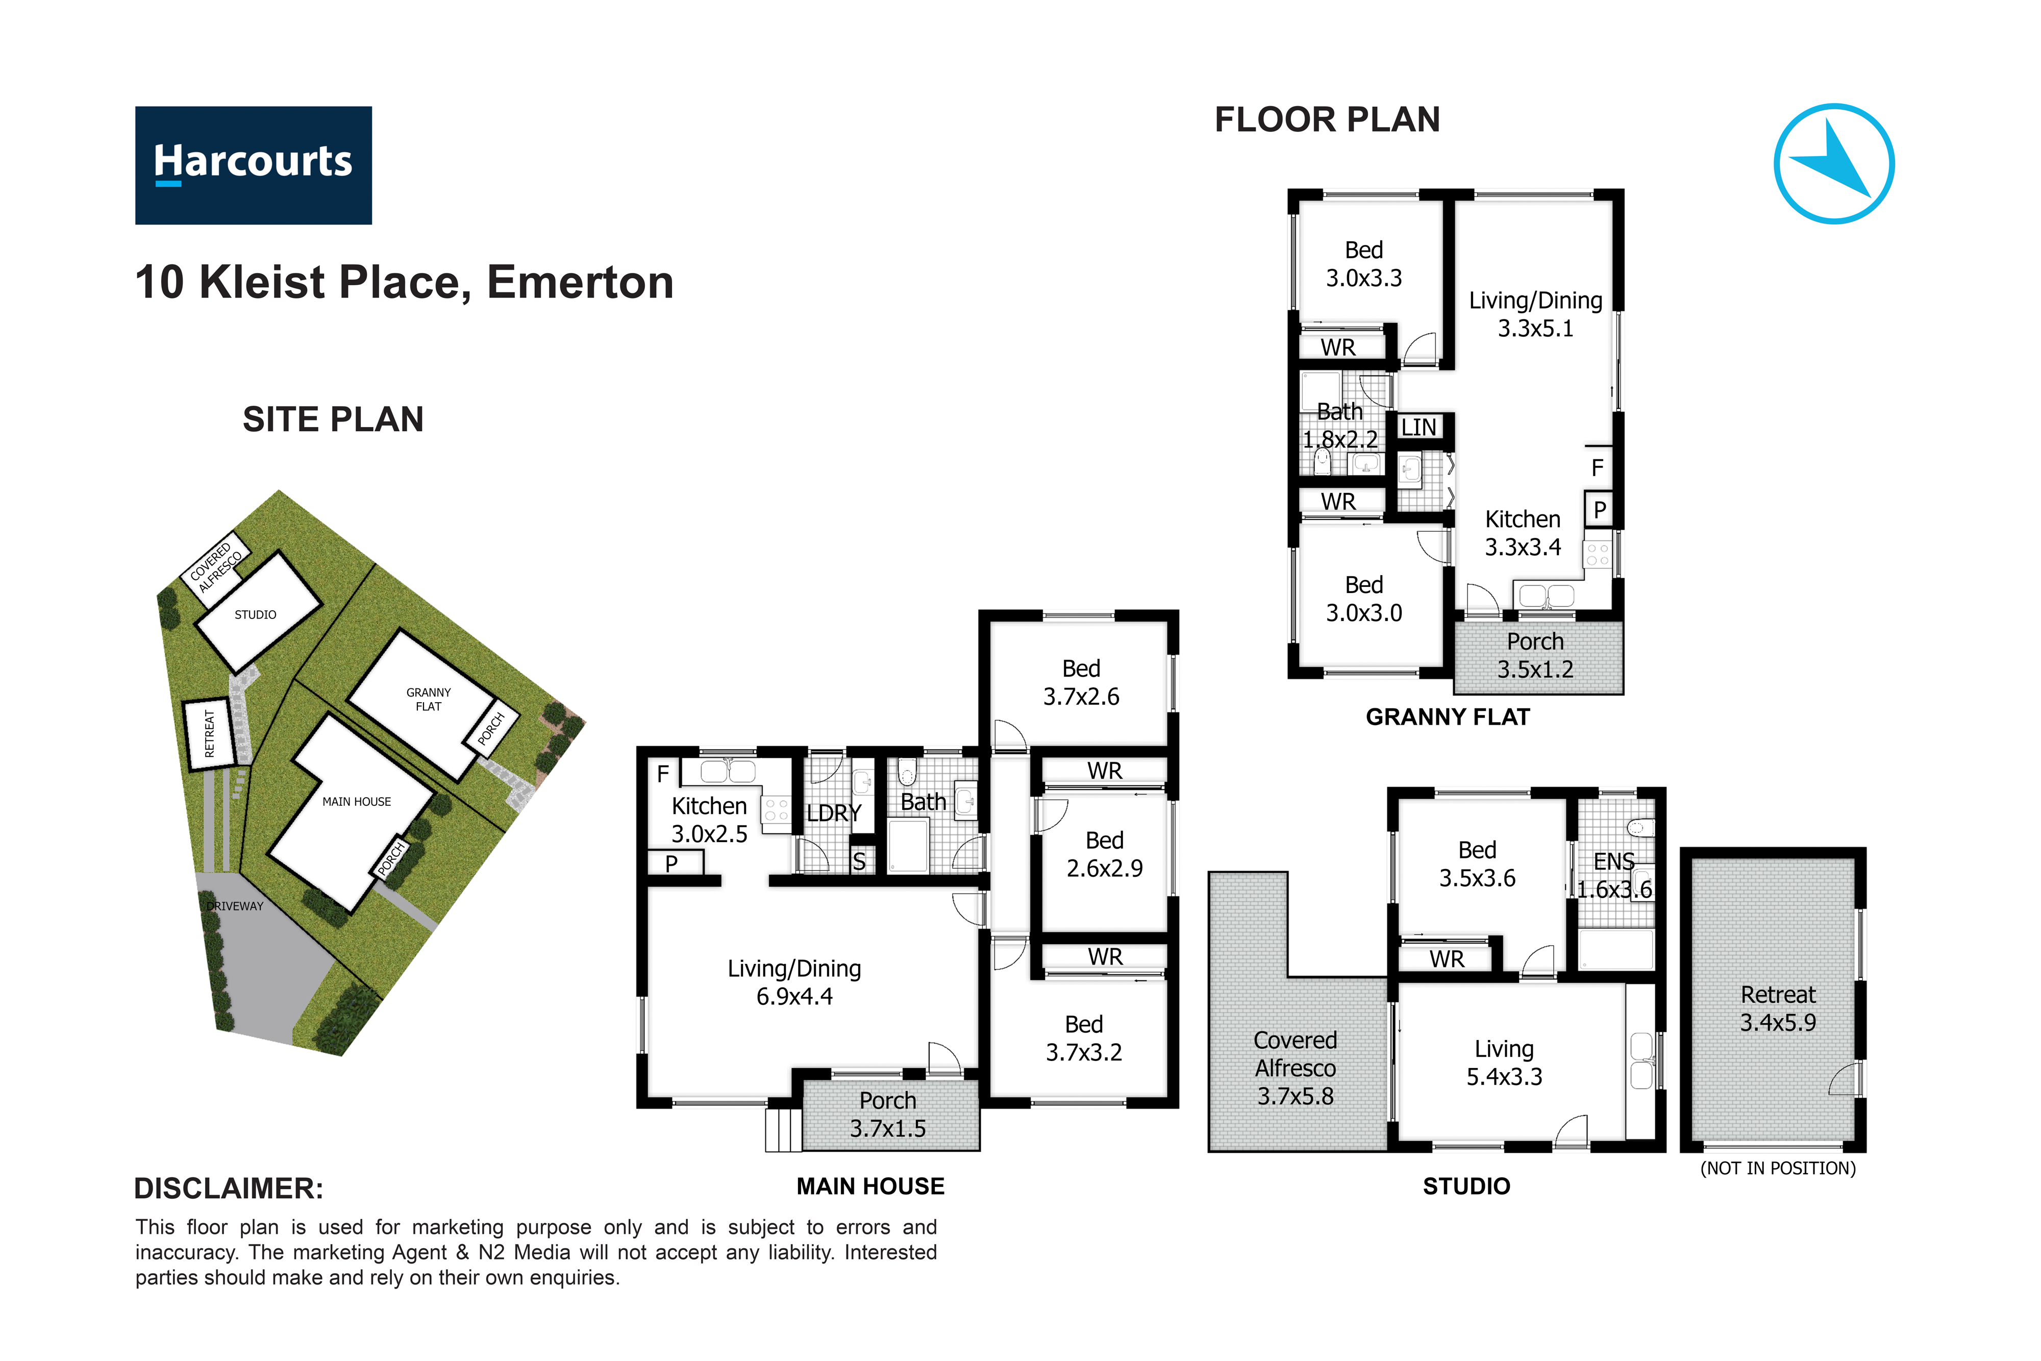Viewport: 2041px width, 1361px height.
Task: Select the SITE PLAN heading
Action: pos(333,419)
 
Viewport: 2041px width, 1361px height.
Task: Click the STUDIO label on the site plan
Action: pos(255,614)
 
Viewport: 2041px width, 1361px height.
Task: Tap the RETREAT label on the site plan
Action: pos(209,733)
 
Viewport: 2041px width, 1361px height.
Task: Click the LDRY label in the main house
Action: pos(834,813)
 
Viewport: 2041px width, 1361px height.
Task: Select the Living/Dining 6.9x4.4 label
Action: pos(794,982)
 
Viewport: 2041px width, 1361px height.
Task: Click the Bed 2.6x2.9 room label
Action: pos(1105,854)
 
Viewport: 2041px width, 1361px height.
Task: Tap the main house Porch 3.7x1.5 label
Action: pos(888,1115)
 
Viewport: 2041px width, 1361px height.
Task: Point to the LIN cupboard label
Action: pos(1419,427)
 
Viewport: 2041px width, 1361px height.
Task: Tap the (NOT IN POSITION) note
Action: pos(1778,1168)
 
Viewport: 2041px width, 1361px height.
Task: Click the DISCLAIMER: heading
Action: pos(229,1189)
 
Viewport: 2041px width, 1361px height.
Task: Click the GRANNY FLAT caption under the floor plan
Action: pos(1448,717)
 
